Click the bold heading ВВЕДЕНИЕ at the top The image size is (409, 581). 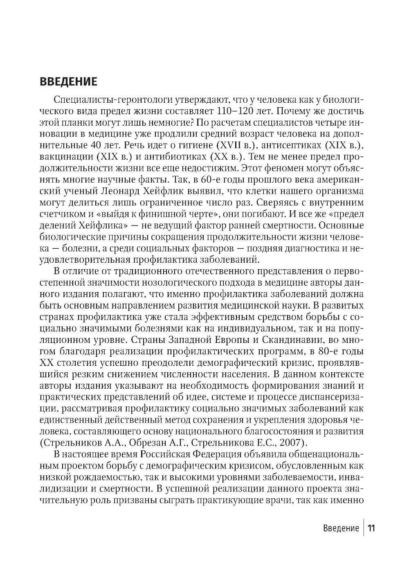tap(69, 81)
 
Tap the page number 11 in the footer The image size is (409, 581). tap(371, 528)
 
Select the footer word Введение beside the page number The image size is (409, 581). tap(341, 528)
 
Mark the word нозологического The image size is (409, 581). tap(178, 283)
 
